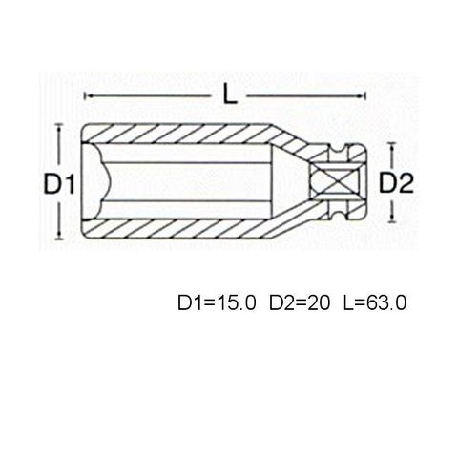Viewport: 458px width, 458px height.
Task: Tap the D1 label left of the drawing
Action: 59,184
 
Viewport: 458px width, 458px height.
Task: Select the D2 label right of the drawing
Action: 396,183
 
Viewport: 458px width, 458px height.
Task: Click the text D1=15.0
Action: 217,302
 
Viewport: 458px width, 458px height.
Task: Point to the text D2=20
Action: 300,302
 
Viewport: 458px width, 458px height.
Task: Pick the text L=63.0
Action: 375,302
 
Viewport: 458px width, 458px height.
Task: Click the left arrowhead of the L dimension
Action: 88,95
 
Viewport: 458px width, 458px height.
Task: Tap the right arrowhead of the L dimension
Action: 362,95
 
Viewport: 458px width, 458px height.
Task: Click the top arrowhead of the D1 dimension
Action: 59,127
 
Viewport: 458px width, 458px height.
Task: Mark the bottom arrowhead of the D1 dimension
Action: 59,235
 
